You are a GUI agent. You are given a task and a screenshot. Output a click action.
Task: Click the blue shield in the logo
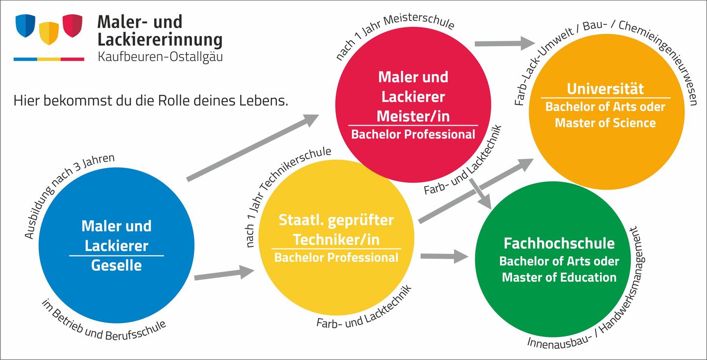click(26, 25)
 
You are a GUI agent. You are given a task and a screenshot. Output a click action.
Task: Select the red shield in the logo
click(72, 26)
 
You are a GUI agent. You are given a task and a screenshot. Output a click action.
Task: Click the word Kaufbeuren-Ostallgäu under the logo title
click(160, 56)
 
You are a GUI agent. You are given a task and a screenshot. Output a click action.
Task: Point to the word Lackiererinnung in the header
click(160, 39)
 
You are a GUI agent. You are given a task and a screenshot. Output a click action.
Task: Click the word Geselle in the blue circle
click(116, 266)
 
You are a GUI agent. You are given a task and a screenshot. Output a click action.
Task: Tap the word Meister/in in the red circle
click(413, 116)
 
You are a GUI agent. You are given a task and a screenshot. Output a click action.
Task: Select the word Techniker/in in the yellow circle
click(336, 239)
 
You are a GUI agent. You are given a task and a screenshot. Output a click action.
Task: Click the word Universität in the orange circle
click(605, 89)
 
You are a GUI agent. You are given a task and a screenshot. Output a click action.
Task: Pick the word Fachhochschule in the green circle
click(559, 243)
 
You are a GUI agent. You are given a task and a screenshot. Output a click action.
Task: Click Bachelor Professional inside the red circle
click(413, 134)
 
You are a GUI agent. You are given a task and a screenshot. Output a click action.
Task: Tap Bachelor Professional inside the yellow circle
click(336, 257)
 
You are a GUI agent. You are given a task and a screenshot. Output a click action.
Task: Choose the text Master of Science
click(605, 122)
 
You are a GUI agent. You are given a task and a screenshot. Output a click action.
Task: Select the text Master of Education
click(559, 277)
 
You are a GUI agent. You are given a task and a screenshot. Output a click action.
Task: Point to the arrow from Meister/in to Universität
click(504, 44)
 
